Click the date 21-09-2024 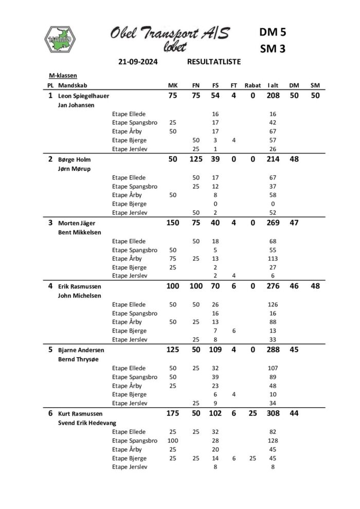[x=138, y=62]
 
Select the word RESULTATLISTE [x=214, y=62]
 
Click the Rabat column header [x=253, y=85]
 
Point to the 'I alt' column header [x=273, y=85]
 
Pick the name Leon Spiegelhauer [x=84, y=96]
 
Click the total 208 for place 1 [x=273, y=96]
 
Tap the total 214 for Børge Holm [x=273, y=159]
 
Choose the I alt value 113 [x=273, y=259]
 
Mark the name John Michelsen [x=81, y=296]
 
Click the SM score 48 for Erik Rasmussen [x=315, y=286]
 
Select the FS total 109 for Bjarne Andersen [x=215, y=350]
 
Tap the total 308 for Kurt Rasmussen [x=273, y=414]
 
